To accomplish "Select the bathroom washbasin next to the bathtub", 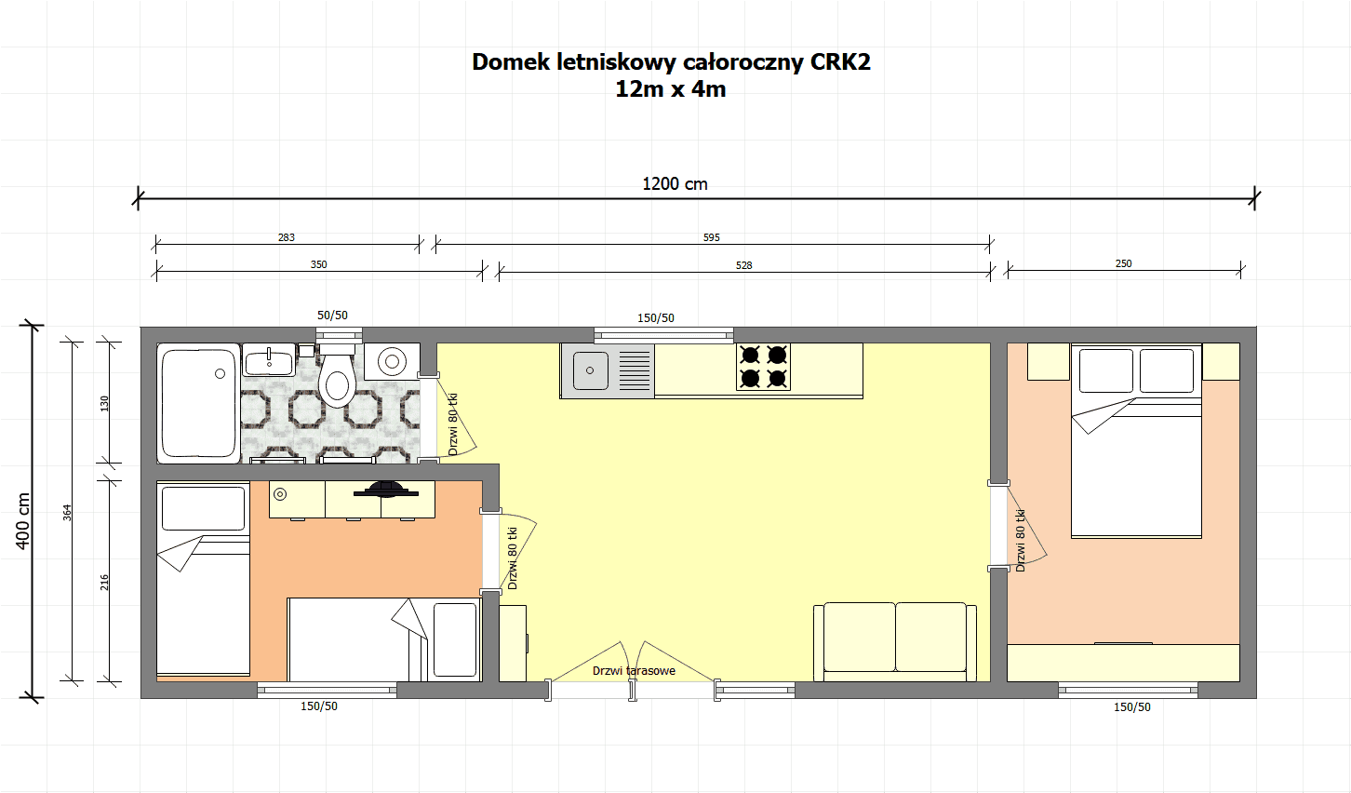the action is [x=269, y=359].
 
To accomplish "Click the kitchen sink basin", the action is [x=590, y=370].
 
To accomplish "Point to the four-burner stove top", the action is [x=763, y=367].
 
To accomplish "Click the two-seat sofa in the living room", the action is [x=895, y=641].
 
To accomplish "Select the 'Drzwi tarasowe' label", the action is [x=634, y=670].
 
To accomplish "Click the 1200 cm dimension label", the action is [x=675, y=183].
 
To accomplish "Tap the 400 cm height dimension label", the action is [x=23, y=521].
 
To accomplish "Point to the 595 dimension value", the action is [x=712, y=237].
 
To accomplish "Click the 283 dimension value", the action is [x=287, y=237].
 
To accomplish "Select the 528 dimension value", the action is [x=744, y=265].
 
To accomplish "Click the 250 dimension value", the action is [x=1124, y=263].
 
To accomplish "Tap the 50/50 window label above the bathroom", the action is [x=332, y=315].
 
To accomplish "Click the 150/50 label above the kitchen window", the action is [x=656, y=317].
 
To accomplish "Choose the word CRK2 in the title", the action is [x=840, y=61].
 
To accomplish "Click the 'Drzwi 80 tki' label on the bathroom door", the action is [x=453, y=424].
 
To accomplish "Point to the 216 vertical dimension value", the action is [x=104, y=583].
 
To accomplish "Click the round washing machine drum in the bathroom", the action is [x=392, y=361].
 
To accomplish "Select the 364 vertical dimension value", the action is [x=67, y=512].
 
